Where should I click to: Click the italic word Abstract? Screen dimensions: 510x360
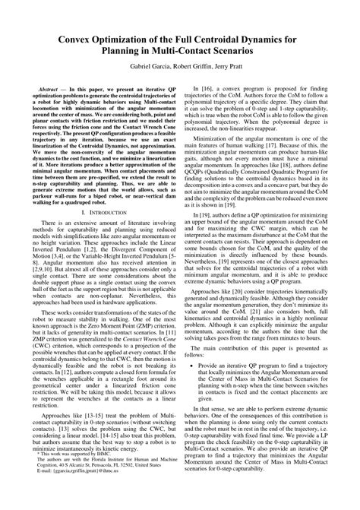tap(55, 89)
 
